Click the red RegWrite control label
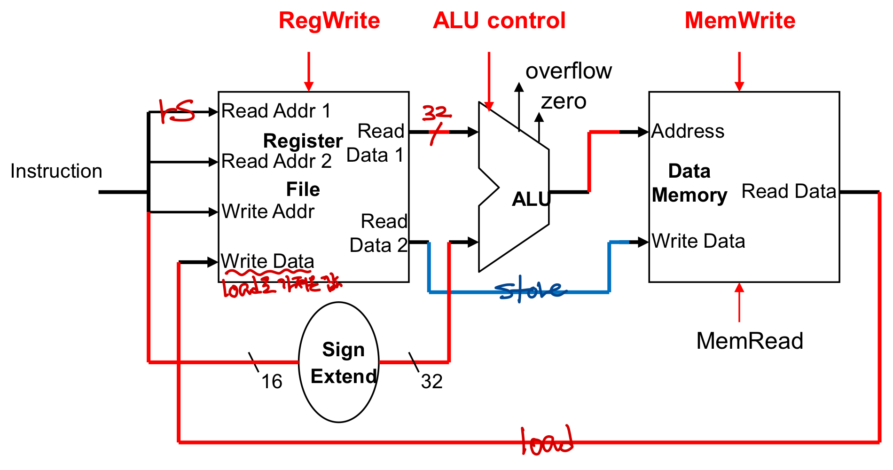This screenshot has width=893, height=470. (329, 21)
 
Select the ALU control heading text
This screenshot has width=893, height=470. (499, 21)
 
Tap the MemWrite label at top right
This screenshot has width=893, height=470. (740, 21)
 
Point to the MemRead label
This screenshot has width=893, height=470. (750, 341)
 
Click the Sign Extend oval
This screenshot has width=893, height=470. (339, 362)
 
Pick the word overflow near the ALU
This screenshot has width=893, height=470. (569, 71)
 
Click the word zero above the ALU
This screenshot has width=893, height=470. (564, 102)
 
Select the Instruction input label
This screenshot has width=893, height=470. (56, 171)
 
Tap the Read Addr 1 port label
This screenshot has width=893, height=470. (276, 111)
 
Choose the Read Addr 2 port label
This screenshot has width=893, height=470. (276, 162)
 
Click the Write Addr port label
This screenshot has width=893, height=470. (268, 211)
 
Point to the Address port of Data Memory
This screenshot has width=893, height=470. (688, 131)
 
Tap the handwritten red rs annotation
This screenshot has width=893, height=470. (176, 111)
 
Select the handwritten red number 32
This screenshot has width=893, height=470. (436, 113)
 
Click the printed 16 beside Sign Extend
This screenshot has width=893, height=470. (272, 382)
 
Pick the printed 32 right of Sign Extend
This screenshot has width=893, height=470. (431, 382)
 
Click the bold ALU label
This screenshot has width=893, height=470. (531, 199)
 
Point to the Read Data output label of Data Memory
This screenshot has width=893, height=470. (789, 191)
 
